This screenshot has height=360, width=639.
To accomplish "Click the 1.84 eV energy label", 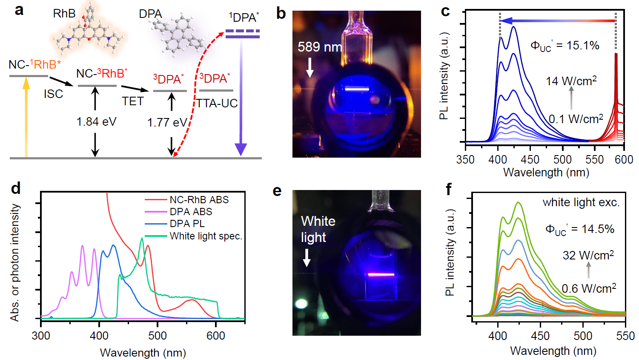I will pos(96,122).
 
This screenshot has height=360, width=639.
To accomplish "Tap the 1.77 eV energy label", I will pos(167,123).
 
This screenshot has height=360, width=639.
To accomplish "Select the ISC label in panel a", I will pos(53,94).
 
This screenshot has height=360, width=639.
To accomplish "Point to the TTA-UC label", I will pos(217,103).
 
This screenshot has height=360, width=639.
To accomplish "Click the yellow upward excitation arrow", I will pos(26,119).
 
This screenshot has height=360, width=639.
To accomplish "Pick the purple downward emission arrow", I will pos(241,98).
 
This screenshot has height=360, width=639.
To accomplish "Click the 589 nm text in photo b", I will pos(319,47).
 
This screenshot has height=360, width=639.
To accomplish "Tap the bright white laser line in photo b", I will pos(356,89).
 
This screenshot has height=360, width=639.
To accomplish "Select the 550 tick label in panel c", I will pos(594,160).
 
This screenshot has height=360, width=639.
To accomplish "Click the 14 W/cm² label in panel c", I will pos(571,81).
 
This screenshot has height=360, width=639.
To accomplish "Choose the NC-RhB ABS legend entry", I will pos(199,199).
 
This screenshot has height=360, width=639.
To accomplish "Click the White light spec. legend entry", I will pos(206,236).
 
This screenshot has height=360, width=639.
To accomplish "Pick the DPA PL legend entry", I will pos(187,224).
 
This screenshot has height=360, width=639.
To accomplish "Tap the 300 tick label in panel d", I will pos(41,336).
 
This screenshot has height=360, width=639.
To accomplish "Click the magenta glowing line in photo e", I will pos(381,275).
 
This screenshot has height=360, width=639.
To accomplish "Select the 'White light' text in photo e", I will pos(318,229).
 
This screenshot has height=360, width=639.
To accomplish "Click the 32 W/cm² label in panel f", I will pos(588,255).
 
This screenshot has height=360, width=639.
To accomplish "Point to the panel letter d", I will pos(16,188).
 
